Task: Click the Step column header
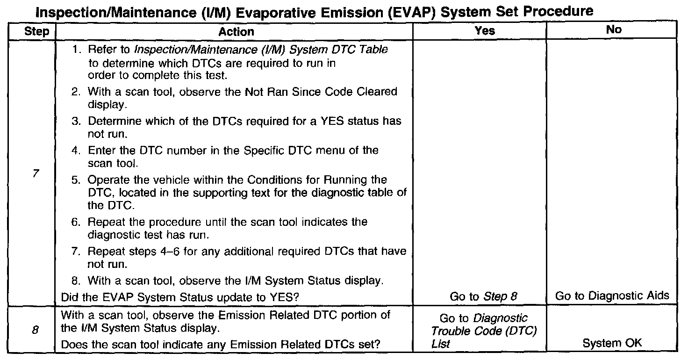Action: tap(36, 31)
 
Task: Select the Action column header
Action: tap(236, 32)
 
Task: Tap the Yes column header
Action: tap(485, 30)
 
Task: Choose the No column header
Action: tap(614, 29)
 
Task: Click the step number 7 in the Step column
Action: tap(36, 173)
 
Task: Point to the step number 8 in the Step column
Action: tap(36, 330)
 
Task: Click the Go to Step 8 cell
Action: tap(483, 296)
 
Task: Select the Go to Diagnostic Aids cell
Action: tap(612, 296)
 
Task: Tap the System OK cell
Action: tap(612, 343)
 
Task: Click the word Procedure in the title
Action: tap(558, 11)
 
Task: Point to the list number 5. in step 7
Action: tap(76, 180)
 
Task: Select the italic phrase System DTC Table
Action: tap(338, 49)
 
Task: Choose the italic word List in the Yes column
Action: tap(441, 344)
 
